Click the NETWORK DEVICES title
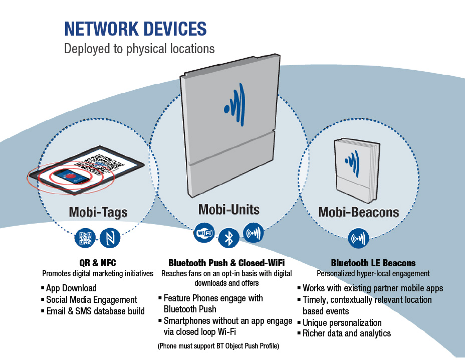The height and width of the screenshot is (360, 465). (135, 29)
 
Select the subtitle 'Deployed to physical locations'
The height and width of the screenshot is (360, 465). (139, 49)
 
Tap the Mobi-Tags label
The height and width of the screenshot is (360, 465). (98, 212)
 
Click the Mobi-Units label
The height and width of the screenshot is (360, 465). (229, 209)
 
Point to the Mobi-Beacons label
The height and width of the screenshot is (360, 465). (359, 212)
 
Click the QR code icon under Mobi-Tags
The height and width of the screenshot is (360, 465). (85, 238)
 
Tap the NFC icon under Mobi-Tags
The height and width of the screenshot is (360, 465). (110, 238)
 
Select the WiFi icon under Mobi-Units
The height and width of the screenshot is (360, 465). (204, 233)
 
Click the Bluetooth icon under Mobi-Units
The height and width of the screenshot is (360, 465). (228, 237)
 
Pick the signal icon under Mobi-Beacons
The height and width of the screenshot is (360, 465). (359, 238)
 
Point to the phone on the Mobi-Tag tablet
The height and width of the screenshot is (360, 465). (72, 175)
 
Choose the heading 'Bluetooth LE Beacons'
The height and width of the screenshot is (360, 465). (373, 263)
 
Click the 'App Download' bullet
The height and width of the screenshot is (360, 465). (71, 288)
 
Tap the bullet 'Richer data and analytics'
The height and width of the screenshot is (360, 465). (347, 333)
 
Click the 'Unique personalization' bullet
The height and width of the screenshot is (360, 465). (342, 322)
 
